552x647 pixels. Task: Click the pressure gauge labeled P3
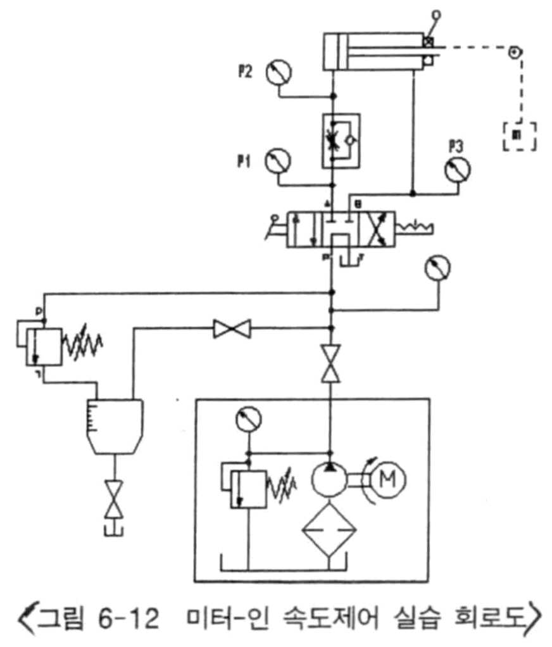(x=458, y=168)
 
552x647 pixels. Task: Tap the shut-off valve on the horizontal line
(x=232, y=329)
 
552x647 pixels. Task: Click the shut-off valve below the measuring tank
(x=114, y=498)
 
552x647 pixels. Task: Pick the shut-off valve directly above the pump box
(x=329, y=363)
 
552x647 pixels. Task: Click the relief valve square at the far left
(x=43, y=346)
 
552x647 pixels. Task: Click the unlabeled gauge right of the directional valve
(x=438, y=268)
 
